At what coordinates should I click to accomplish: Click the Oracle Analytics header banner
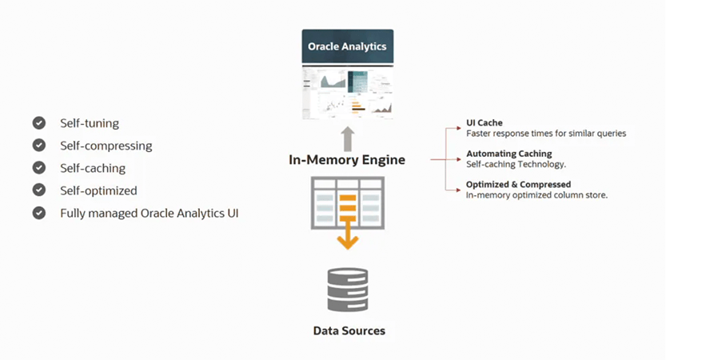(347, 46)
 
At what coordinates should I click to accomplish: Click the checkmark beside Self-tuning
(38, 123)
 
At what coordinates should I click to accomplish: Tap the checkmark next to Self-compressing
(38, 146)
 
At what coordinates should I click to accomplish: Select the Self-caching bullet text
(93, 168)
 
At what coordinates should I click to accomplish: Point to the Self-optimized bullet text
(98, 190)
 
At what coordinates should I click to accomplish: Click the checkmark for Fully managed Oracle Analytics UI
(38, 214)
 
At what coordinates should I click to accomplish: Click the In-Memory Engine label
(347, 160)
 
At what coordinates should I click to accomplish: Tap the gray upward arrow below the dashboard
(348, 137)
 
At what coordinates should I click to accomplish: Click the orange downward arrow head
(347, 241)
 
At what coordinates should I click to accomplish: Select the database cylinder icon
(348, 290)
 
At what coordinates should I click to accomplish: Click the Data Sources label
(349, 330)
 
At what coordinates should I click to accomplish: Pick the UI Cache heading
(484, 123)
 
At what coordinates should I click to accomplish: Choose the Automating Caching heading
(509, 154)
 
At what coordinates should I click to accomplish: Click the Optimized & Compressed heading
(518, 185)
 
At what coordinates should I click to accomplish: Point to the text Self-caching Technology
(516, 164)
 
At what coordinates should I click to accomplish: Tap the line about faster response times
(546, 134)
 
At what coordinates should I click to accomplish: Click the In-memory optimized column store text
(536, 195)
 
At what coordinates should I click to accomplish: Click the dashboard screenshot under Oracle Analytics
(347, 91)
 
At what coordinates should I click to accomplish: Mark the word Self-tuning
(90, 123)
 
